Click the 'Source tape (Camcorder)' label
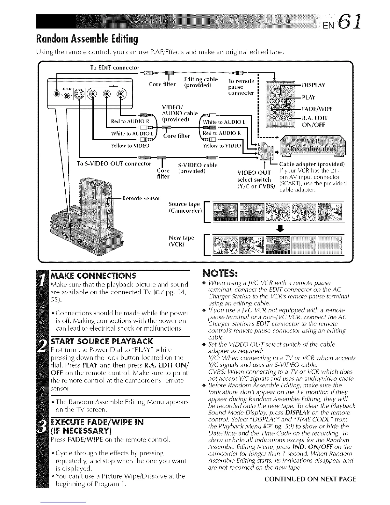pyautogui.click(x=184, y=207)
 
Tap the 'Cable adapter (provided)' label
pyautogui.click(x=312, y=165)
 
